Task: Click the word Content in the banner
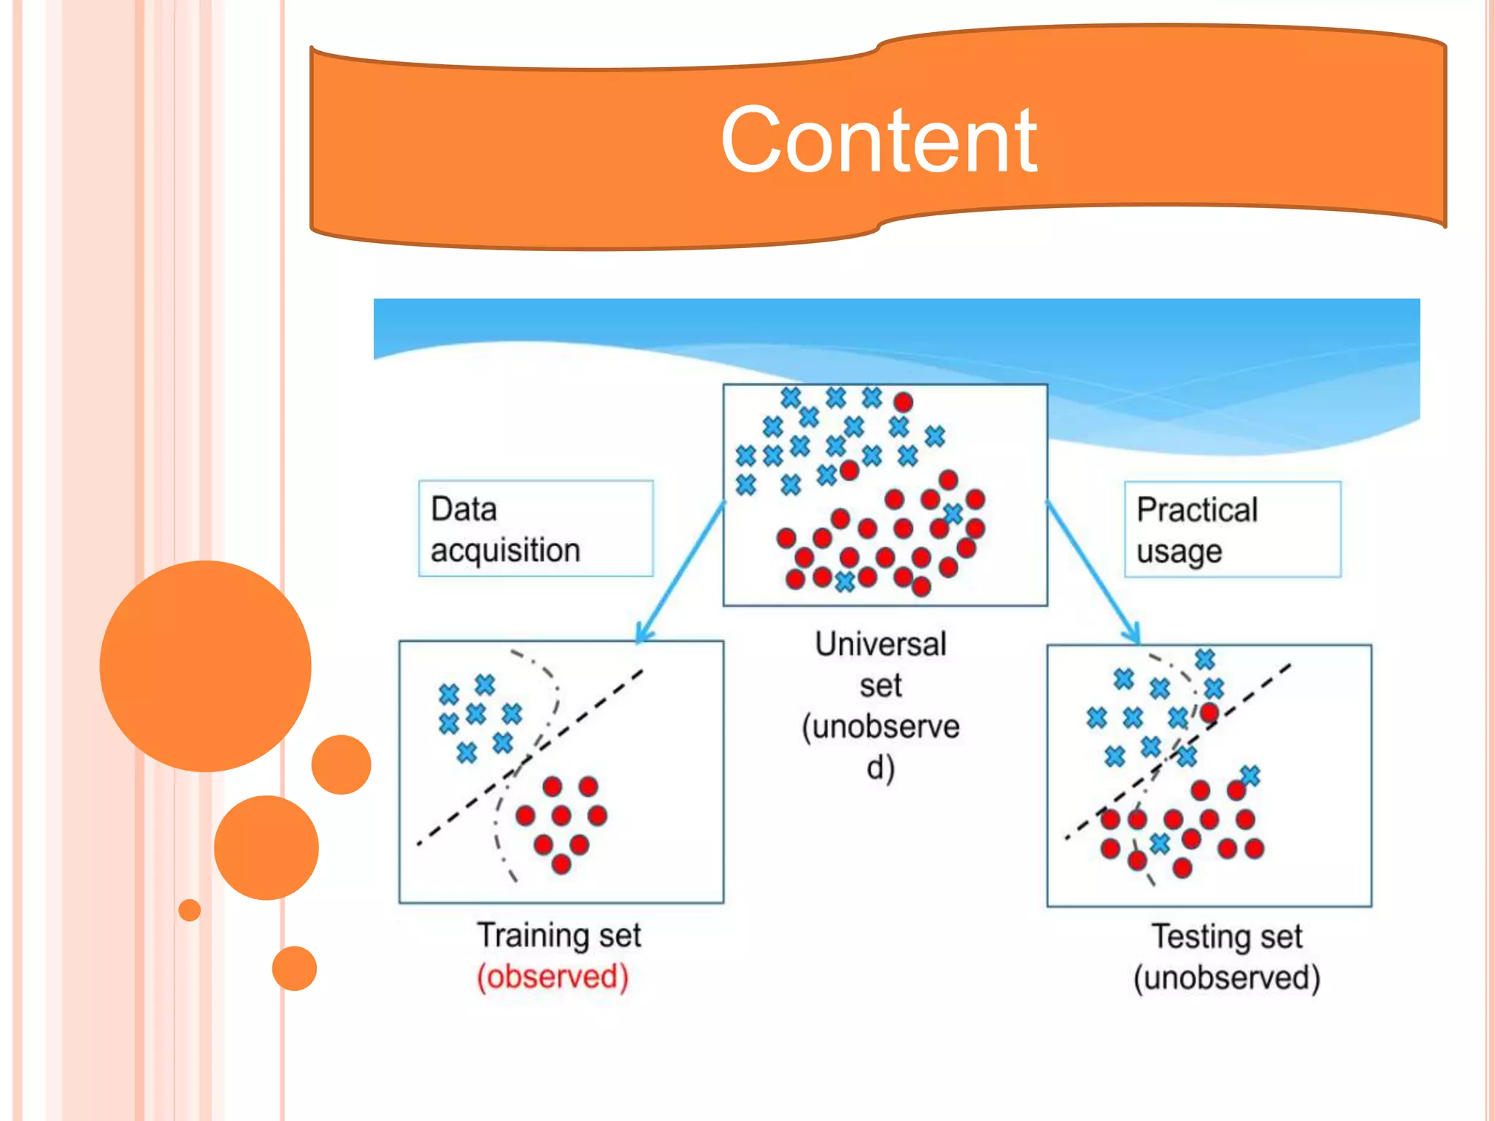(x=878, y=140)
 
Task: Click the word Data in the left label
(x=464, y=509)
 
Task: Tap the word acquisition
(x=505, y=550)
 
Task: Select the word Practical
(x=1197, y=510)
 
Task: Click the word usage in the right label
(x=1179, y=552)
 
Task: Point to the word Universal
(x=880, y=644)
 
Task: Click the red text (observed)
(x=553, y=976)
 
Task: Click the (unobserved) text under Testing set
(x=1226, y=978)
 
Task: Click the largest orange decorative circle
(x=205, y=666)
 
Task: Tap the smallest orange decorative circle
(x=190, y=910)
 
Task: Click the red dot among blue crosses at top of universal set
(x=903, y=402)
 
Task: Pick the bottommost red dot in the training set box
(x=561, y=864)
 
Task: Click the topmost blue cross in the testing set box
(x=1204, y=660)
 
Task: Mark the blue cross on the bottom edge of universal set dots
(x=845, y=582)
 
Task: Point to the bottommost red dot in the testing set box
(x=1182, y=868)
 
